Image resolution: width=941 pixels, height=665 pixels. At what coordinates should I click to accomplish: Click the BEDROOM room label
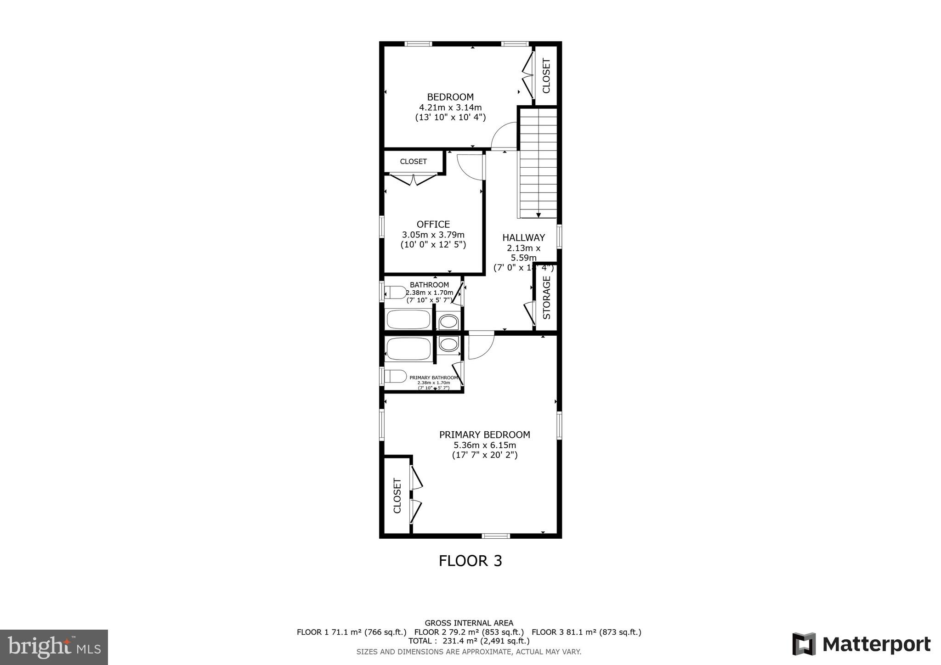[450, 97]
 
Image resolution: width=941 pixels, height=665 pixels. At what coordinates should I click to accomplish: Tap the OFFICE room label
[433, 225]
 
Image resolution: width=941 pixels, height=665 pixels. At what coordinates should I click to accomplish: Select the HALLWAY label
[523, 237]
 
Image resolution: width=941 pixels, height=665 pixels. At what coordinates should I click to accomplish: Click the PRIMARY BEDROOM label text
[484, 434]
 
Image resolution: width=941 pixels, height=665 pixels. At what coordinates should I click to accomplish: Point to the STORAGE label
[547, 297]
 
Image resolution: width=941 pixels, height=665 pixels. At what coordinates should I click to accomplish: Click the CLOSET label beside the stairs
[546, 76]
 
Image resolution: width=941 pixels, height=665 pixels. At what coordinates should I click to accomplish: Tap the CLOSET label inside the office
[413, 162]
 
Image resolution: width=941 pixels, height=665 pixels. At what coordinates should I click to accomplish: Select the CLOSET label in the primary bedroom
[397, 496]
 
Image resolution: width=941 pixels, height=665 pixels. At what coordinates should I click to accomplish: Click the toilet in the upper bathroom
[395, 292]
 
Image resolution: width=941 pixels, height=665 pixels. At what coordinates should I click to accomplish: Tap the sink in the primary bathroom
[448, 344]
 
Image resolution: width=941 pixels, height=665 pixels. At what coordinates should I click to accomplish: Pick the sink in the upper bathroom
[448, 322]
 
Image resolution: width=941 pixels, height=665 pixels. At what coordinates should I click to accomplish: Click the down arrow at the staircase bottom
[539, 214]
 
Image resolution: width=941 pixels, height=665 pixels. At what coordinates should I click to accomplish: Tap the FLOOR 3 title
[470, 561]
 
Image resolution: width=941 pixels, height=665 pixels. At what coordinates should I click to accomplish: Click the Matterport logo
[861, 644]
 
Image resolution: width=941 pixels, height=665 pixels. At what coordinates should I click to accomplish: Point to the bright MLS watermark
[54, 647]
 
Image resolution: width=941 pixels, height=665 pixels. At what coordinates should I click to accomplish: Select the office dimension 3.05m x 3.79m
[433, 235]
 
